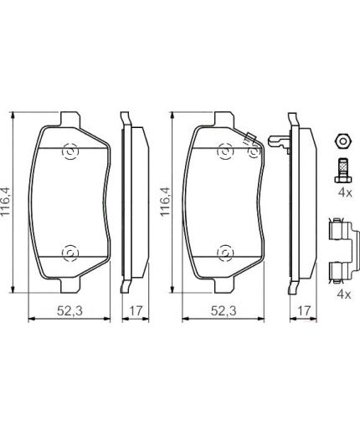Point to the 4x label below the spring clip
[342, 294]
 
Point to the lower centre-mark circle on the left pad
[69, 253]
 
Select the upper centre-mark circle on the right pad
[224, 151]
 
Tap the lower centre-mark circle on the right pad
[224, 253]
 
